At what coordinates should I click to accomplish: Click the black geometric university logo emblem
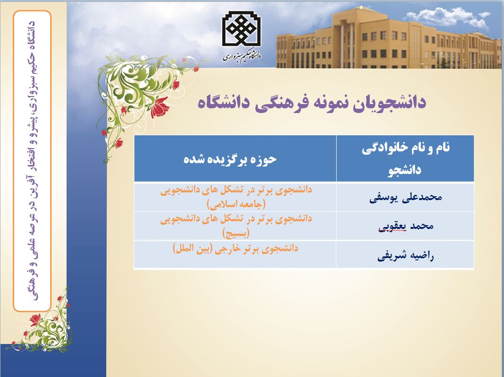(x=242, y=30)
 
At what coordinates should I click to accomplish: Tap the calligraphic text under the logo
(x=242, y=56)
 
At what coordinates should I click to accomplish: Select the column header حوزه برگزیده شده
(x=230, y=159)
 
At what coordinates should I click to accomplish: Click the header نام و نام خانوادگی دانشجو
(x=406, y=158)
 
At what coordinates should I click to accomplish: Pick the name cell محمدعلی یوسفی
(x=406, y=197)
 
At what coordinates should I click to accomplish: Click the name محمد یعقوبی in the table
(x=406, y=226)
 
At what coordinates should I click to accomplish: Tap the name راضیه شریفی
(x=406, y=256)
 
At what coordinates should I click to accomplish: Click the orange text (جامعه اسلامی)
(x=236, y=203)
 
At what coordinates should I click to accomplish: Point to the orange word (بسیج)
(x=236, y=233)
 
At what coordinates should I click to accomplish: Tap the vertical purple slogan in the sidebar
(x=33, y=160)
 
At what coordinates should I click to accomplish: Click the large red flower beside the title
(x=160, y=107)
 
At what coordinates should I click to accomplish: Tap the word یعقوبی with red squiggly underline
(x=390, y=227)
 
